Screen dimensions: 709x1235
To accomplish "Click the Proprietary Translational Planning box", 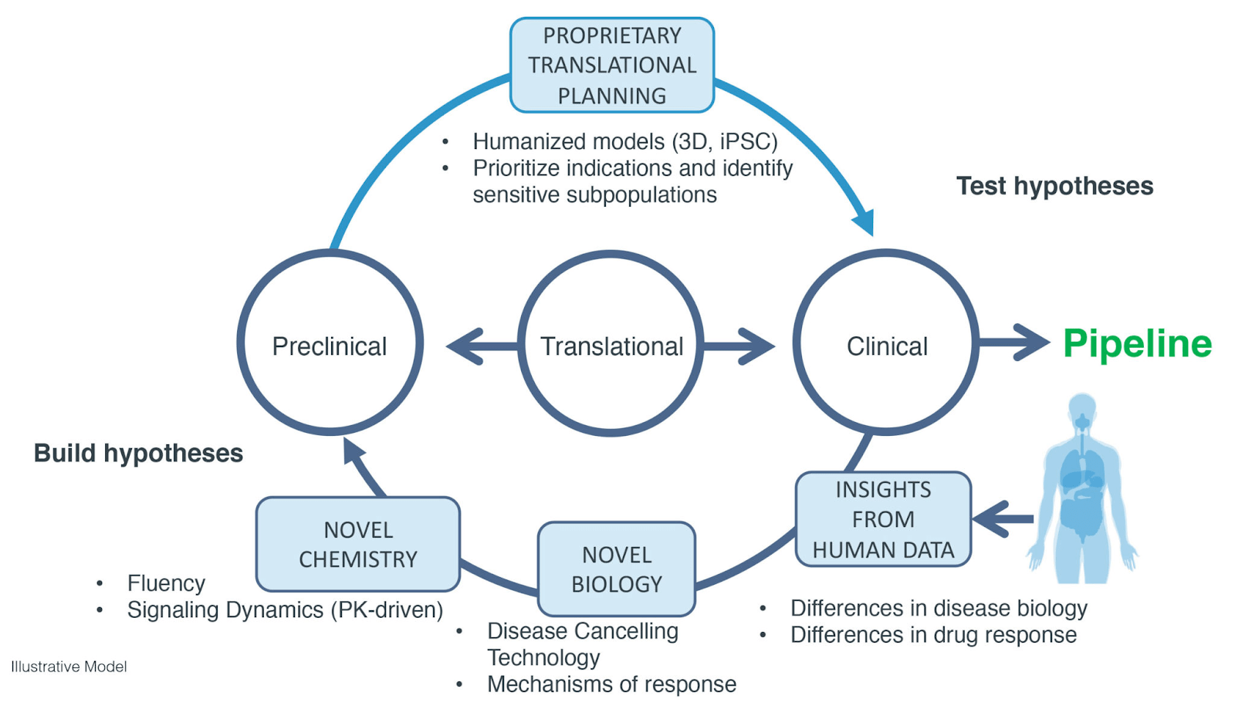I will (x=611, y=66).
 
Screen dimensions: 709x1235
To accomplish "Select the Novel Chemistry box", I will (x=357, y=544).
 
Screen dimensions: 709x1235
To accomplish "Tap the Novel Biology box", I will (x=616, y=569).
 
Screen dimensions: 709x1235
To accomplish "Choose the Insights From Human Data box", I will (x=882, y=519).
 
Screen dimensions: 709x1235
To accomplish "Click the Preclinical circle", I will (x=330, y=346).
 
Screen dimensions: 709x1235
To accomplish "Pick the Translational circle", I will (x=611, y=346).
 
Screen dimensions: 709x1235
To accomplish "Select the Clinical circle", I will (x=886, y=346).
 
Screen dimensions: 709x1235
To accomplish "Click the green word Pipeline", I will (x=1137, y=343).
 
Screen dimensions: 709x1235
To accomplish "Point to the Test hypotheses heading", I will (x=1054, y=186).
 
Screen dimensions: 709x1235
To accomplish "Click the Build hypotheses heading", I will (x=138, y=453).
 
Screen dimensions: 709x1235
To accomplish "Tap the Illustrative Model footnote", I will (x=69, y=667).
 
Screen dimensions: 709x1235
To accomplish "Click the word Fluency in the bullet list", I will (x=166, y=583).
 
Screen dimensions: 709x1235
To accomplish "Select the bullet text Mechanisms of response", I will (x=611, y=684).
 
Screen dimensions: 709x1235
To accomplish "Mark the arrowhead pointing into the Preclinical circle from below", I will (x=354, y=452).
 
